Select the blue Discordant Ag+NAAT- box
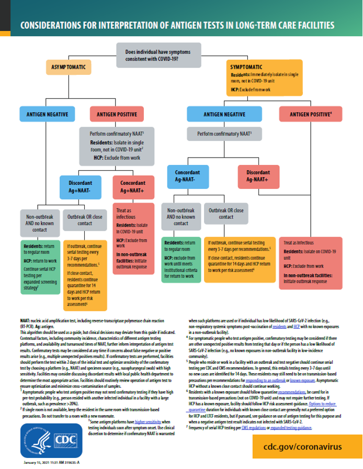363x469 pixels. (x=80, y=187)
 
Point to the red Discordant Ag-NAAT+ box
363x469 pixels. (x=258, y=176)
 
